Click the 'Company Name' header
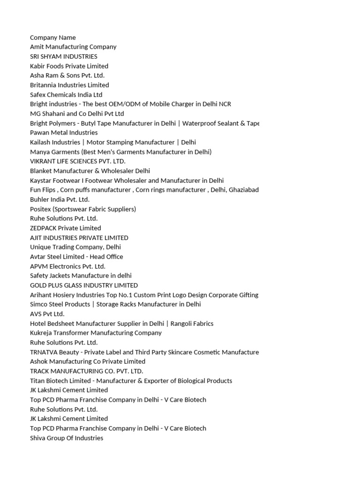(53, 37)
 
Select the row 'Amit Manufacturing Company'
(73, 47)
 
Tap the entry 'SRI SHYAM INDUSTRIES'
(64, 56)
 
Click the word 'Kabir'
(38, 66)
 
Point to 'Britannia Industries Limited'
(69, 85)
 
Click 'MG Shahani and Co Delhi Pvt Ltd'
(77, 113)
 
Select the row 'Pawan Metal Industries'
(64, 133)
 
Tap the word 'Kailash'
(40, 142)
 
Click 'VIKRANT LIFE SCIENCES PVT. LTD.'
(78, 161)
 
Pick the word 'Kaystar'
(41, 180)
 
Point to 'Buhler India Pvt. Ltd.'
(60, 199)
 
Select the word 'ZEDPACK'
(43, 228)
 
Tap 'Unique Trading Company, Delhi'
(75, 247)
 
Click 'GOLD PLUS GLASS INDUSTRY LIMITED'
(84, 285)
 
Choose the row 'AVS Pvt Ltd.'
(47, 314)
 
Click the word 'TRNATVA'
(44, 352)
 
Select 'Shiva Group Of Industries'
(67, 438)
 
